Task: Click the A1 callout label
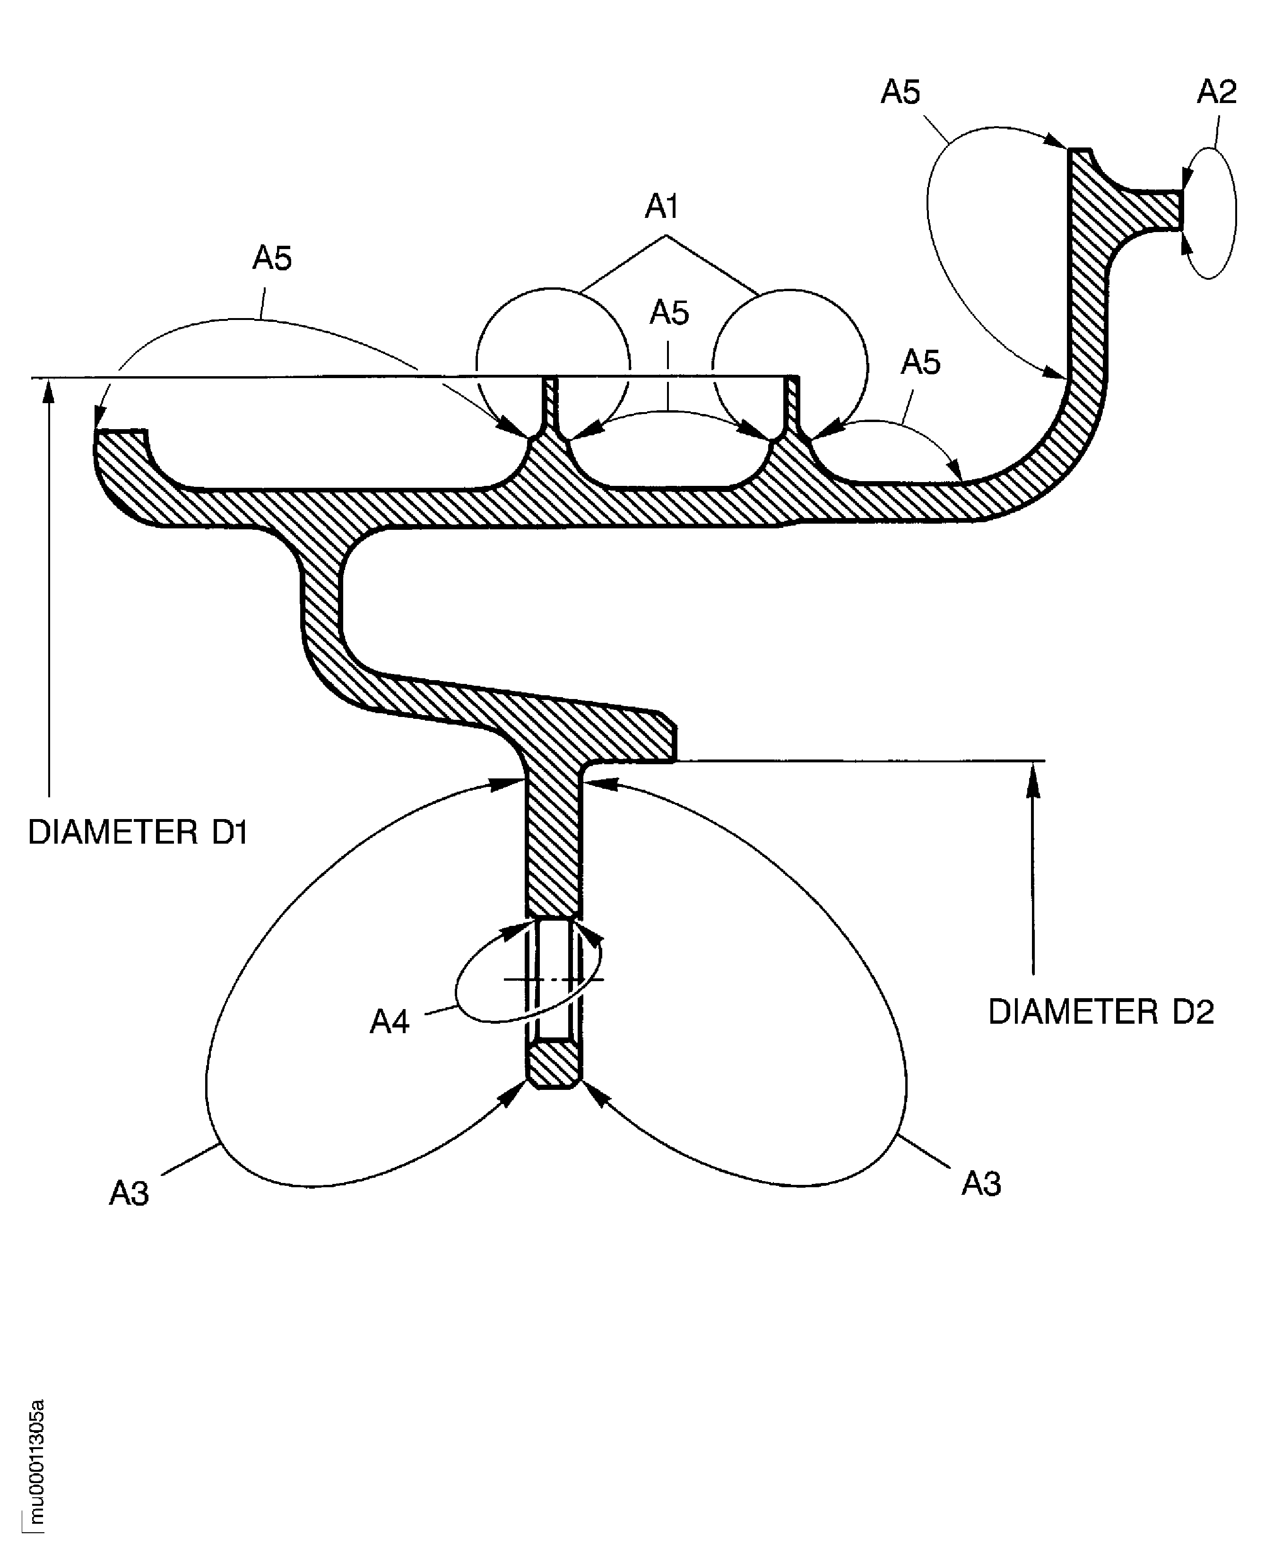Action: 662,207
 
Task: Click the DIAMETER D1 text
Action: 138,832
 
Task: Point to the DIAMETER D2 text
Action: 1100,1012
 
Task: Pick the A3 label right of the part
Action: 981,1184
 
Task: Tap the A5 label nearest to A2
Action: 900,93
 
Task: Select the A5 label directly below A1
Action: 669,312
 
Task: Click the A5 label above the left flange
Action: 272,258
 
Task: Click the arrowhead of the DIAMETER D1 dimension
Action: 49,391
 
